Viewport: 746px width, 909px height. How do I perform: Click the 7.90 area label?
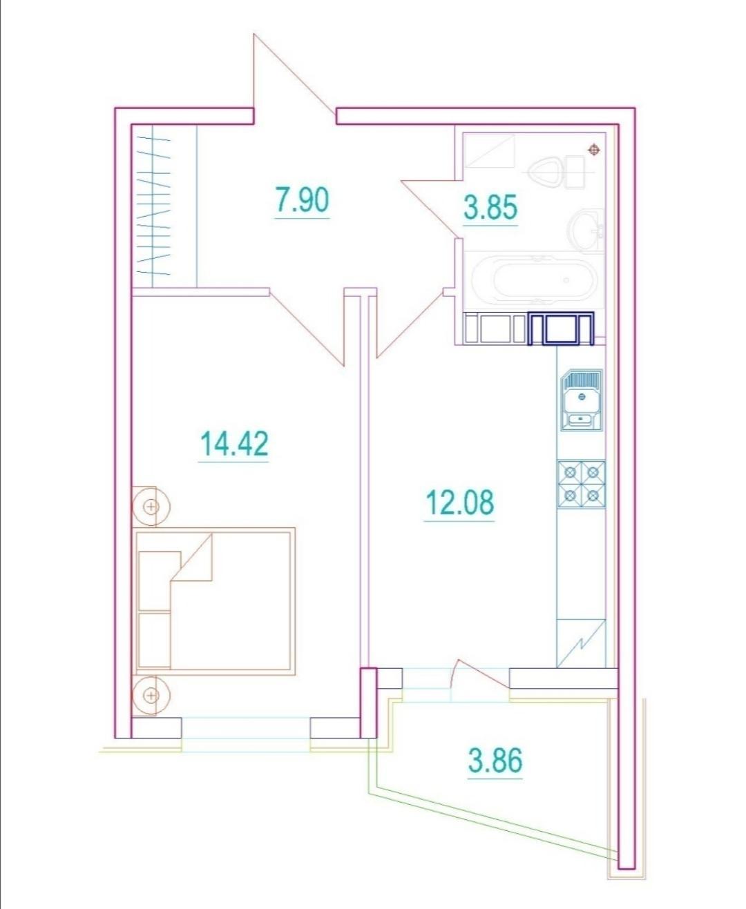tap(302, 199)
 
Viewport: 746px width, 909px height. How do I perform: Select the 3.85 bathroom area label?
tap(490, 207)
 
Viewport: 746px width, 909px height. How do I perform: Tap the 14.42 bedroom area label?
tap(234, 444)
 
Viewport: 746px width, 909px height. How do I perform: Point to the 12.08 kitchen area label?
tap(459, 502)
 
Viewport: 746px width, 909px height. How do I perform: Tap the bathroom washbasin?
tap(587, 231)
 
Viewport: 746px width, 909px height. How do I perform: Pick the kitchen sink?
tap(581, 400)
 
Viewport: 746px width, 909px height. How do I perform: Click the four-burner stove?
tap(582, 485)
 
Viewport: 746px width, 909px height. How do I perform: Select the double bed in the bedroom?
tap(216, 601)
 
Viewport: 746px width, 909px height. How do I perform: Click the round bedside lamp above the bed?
tap(151, 506)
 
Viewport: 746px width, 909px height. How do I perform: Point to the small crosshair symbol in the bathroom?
tap(594, 150)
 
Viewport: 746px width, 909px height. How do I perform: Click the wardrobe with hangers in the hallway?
tap(164, 205)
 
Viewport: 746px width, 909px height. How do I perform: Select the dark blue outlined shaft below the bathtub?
tap(561, 329)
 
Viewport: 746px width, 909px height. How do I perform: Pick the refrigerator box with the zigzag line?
tap(581, 643)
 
